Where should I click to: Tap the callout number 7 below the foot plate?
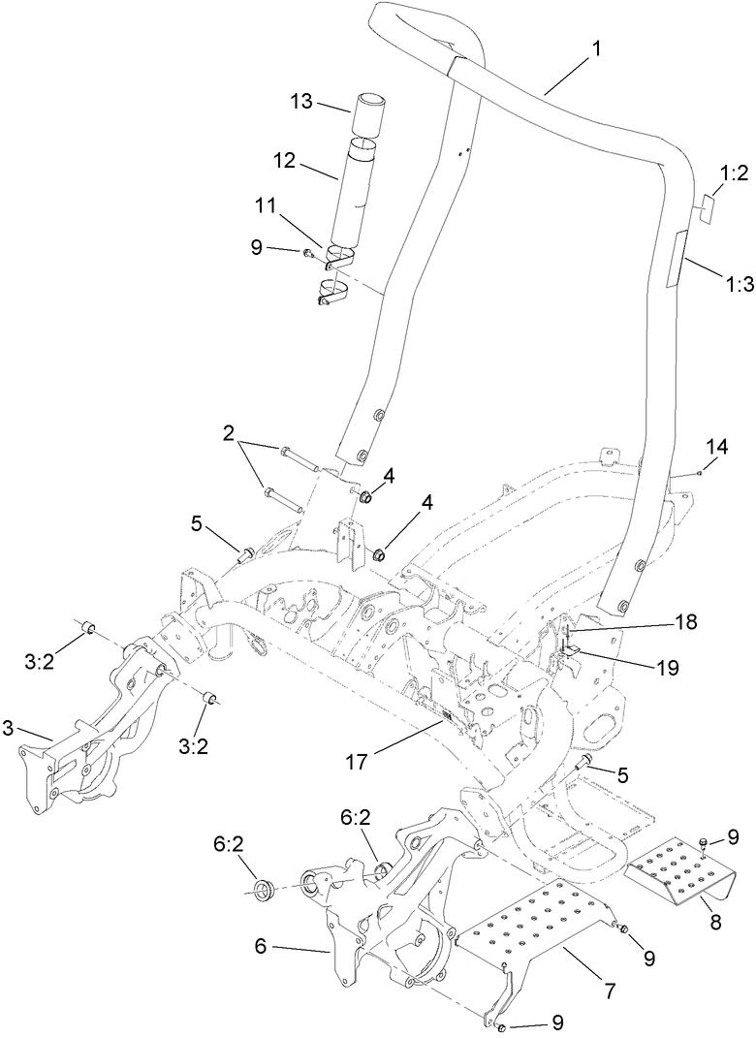(610, 991)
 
